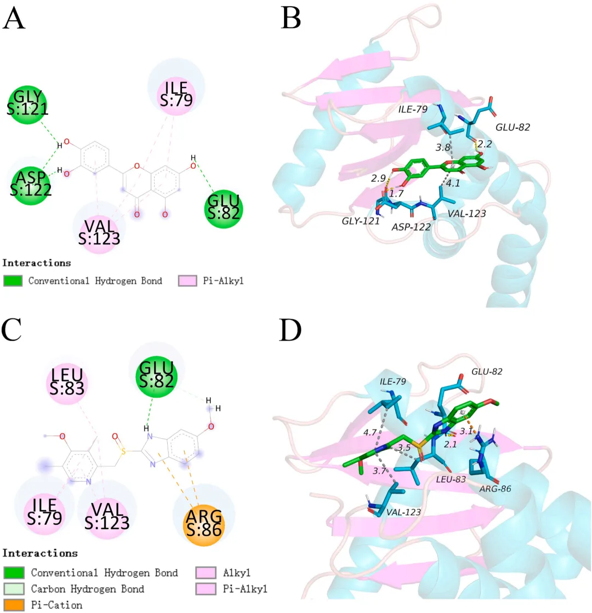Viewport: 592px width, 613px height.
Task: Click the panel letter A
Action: point(14,20)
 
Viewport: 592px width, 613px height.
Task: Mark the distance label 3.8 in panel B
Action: point(442,148)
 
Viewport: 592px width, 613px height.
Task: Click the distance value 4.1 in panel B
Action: point(453,184)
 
